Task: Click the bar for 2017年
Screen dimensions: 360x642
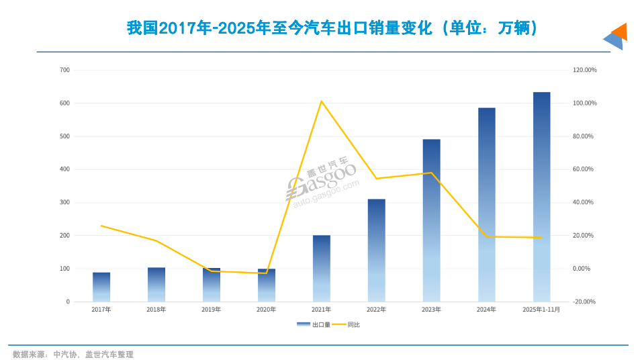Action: pyautogui.click(x=101, y=287)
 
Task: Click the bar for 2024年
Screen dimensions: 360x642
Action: pyautogui.click(x=486, y=205)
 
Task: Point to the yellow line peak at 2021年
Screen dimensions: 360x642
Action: pyautogui.click(x=322, y=101)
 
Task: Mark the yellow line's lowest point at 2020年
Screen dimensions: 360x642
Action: pyautogui.click(x=267, y=273)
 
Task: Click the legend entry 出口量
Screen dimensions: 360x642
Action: pyautogui.click(x=313, y=324)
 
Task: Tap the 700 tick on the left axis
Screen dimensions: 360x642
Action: pyautogui.click(x=64, y=70)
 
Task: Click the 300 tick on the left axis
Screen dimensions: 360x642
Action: pyautogui.click(x=64, y=202)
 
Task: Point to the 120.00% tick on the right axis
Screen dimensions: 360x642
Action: pyautogui.click(x=584, y=70)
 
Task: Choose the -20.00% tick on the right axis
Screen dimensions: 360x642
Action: pyautogui.click(x=584, y=302)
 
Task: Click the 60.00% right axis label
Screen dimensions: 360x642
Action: pyautogui.click(x=583, y=169)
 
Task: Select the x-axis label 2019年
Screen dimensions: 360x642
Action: pyautogui.click(x=212, y=310)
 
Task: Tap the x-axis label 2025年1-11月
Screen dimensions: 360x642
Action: pyautogui.click(x=541, y=310)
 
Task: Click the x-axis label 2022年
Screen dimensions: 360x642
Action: pyautogui.click(x=376, y=310)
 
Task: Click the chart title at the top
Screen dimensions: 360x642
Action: pyautogui.click(x=332, y=28)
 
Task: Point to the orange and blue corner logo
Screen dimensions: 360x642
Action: pyautogui.click(x=615, y=36)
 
